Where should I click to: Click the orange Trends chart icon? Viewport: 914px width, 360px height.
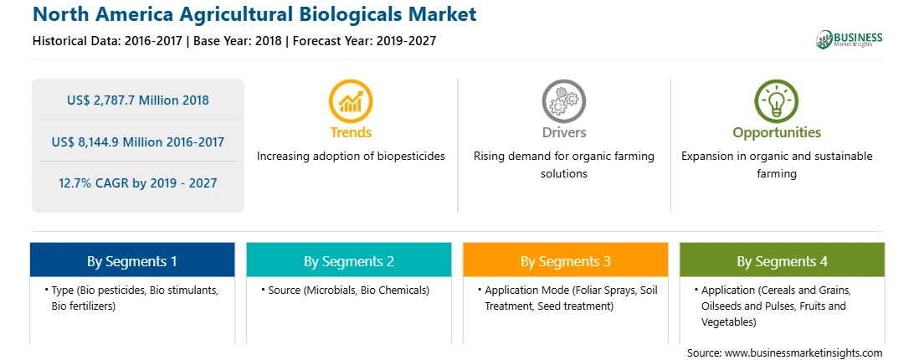point(351,101)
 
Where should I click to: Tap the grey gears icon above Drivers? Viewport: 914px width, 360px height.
point(563,101)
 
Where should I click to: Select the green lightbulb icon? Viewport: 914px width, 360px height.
point(777,101)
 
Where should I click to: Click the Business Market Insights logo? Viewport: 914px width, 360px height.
point(849,39)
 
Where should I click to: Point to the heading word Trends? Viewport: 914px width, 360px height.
point(351,132)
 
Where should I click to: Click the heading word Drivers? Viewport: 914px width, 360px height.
point(563,132)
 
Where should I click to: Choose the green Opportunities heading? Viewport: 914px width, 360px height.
point(777,133)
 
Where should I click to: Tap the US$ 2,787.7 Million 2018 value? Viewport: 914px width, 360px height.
point(137,100)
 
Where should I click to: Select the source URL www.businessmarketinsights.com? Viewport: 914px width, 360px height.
point(804,352)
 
